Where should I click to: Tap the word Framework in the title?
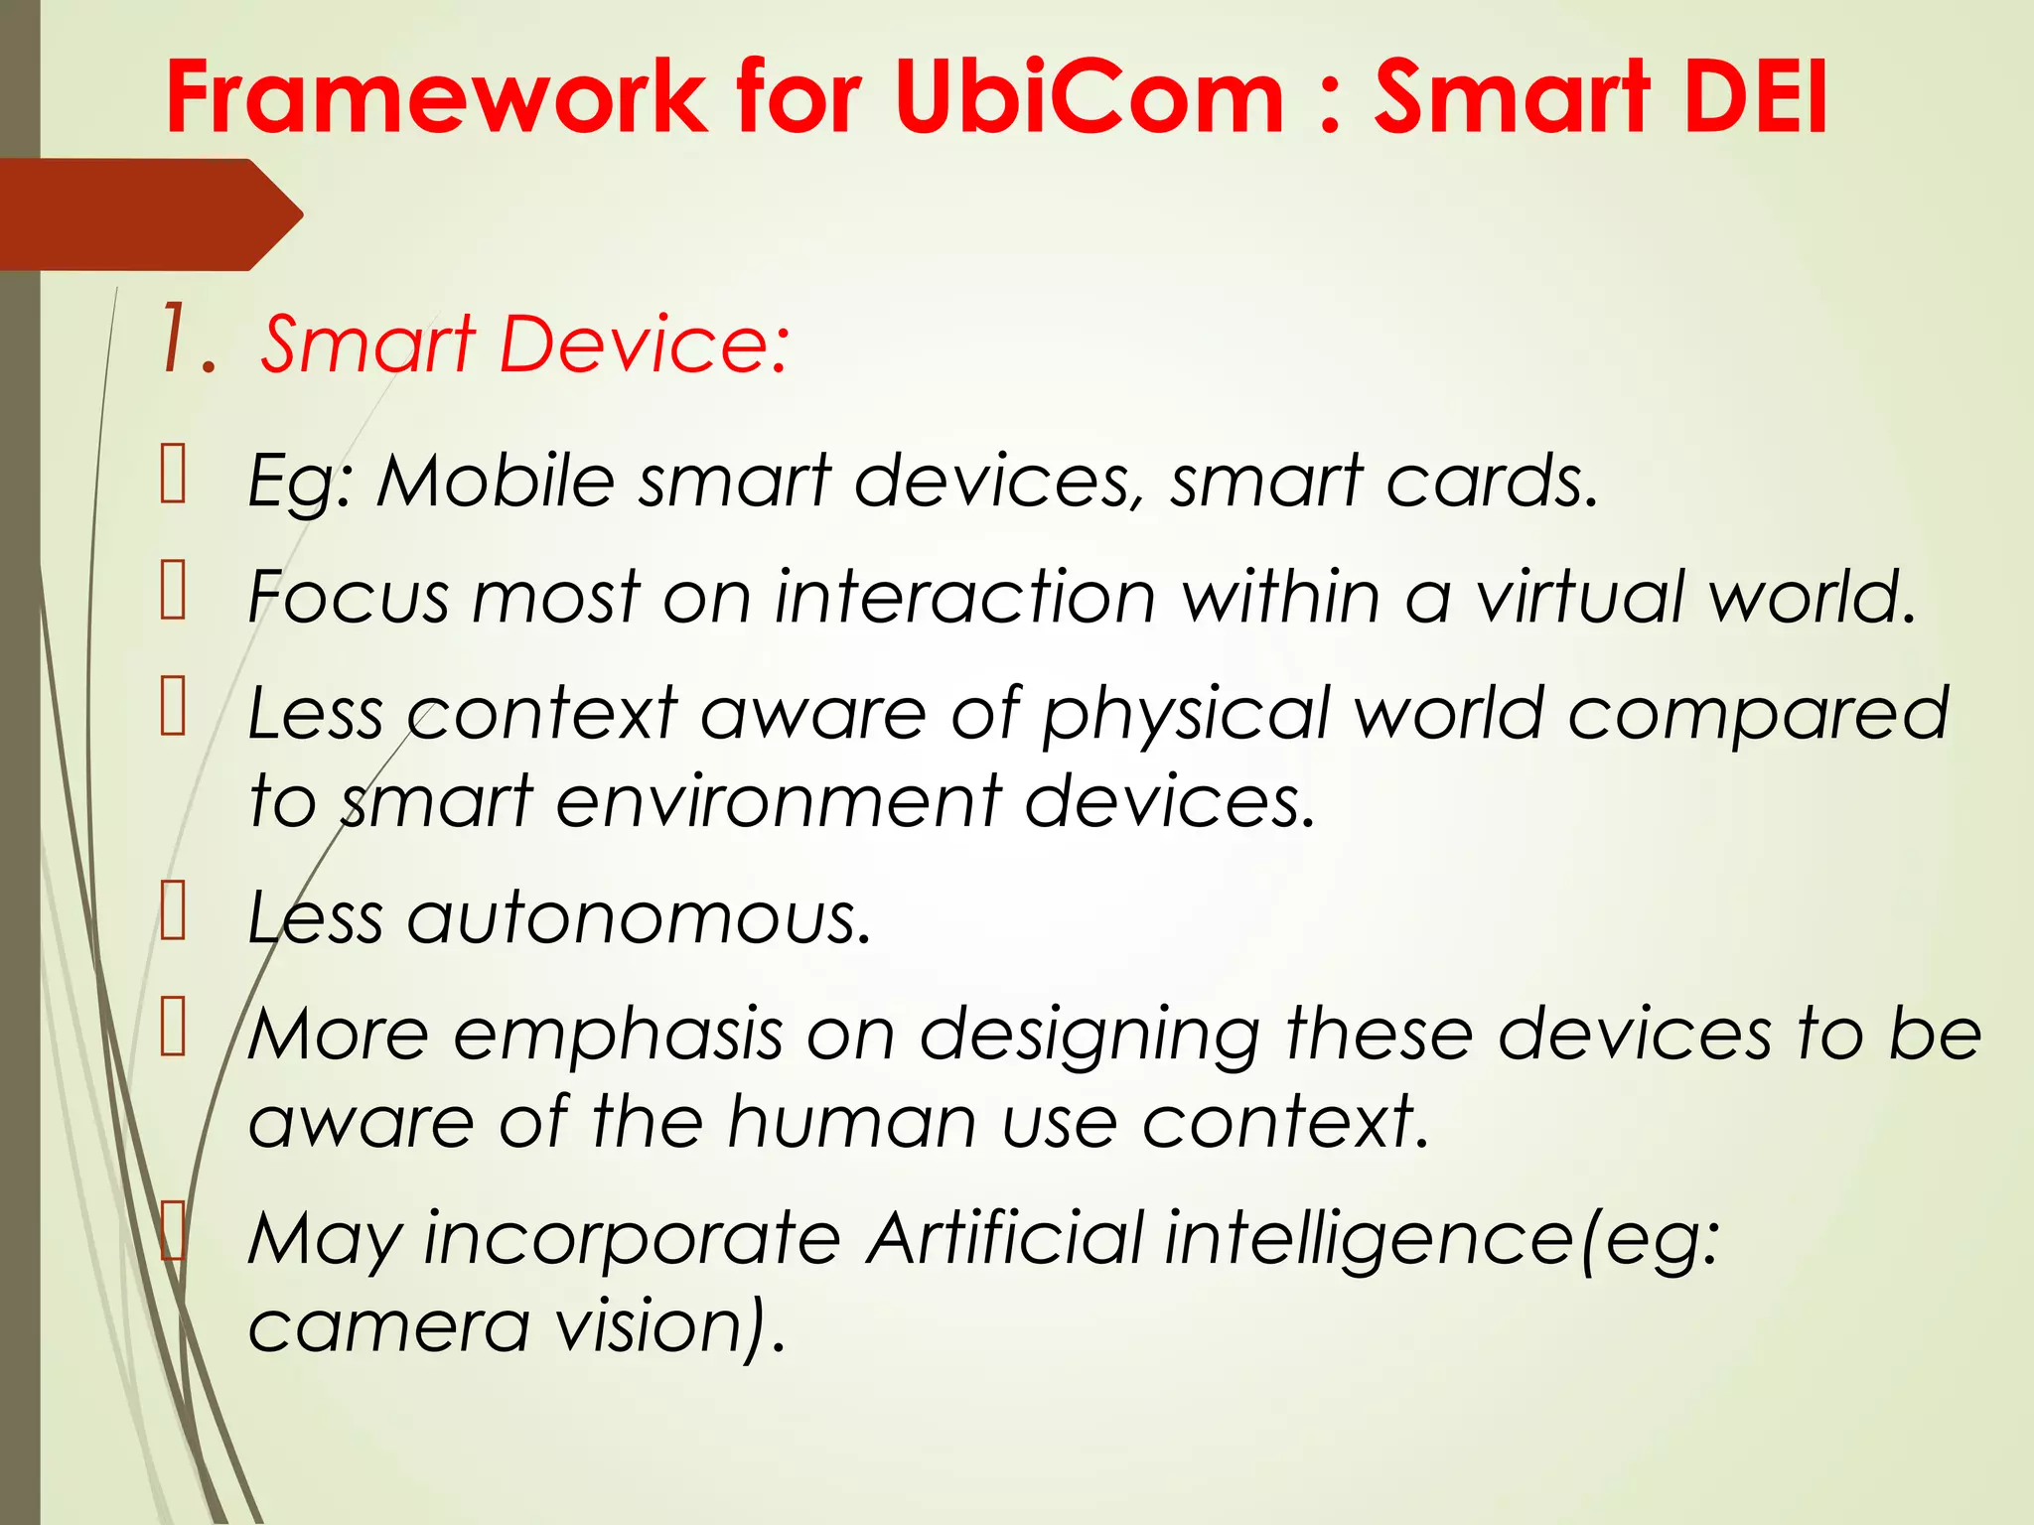pos(436,96)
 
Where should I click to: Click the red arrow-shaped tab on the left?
pos(149,214)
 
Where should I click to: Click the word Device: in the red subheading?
pos(645,345)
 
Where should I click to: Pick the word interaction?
pos(964,598)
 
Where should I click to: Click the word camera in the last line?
pos(388,1326)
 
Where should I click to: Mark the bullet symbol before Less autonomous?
pos(174,911)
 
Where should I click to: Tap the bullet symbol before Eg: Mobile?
pos(174,475)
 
